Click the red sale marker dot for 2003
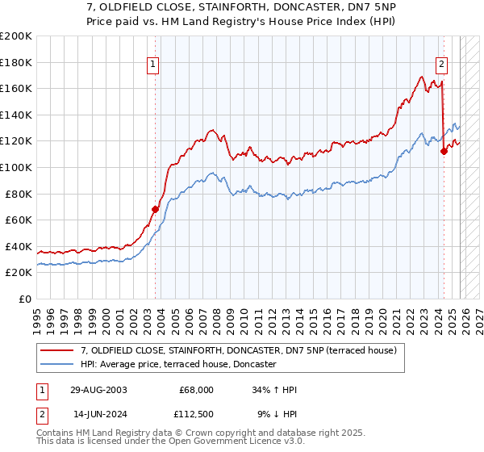pos(156,208)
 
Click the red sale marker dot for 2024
pos(444,150)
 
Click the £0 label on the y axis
pos(26,299)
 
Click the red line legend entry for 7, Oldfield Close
pos(238,351)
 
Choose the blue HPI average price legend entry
pos(178,365)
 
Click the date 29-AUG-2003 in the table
pos(98,390)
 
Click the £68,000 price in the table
pos(197,390)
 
